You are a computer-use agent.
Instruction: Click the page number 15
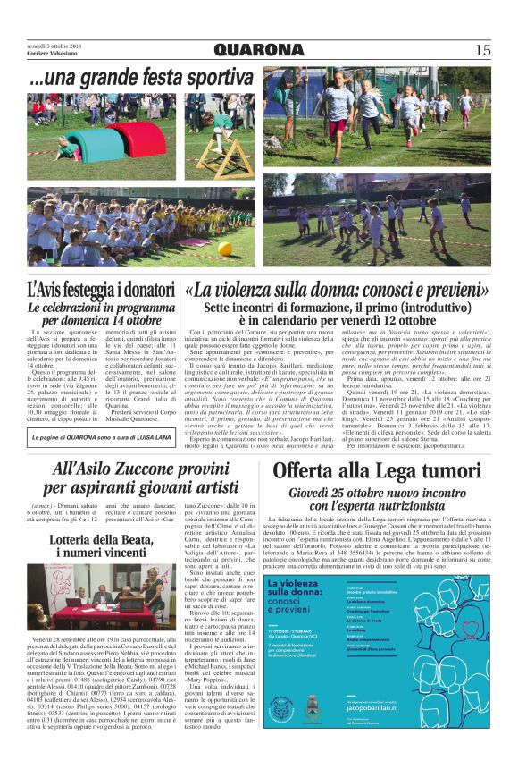coord(482,51)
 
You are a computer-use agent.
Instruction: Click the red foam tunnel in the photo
coord(136,138)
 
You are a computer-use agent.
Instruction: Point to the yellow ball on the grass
coord(225,248)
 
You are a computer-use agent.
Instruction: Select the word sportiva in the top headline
coord(205,79)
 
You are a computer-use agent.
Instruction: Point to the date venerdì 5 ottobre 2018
coord(54,46)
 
